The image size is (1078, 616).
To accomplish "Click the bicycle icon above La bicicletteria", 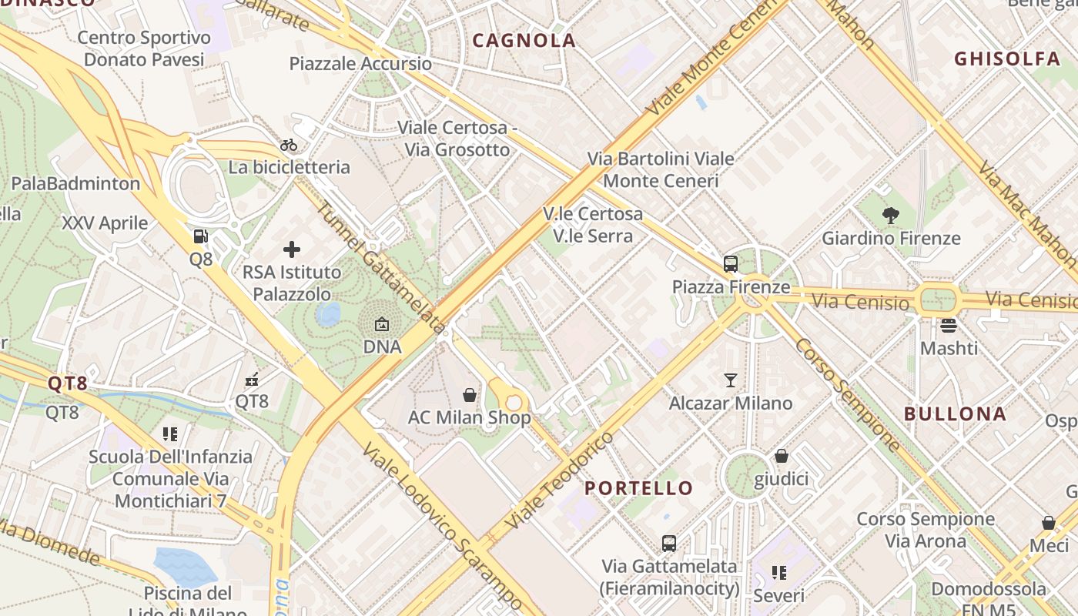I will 289,145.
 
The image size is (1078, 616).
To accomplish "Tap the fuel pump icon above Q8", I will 200,236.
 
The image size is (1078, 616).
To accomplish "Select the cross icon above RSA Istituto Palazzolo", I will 292,249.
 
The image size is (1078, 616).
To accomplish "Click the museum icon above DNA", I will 382,324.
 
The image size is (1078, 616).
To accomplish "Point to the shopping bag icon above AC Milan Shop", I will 470,395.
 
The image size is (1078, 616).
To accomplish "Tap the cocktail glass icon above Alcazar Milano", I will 730,380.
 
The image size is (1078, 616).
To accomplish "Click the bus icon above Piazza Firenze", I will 731,264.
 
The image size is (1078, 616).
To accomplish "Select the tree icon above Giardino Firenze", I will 892,216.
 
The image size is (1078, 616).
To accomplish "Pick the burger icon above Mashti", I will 949,325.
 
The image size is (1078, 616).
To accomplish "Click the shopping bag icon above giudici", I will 782,456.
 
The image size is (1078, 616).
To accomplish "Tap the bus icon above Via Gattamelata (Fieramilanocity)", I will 669,543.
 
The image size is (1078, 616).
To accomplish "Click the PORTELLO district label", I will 638,488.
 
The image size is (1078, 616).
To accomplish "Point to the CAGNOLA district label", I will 524,41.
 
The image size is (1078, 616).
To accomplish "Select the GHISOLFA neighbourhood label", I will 1007,59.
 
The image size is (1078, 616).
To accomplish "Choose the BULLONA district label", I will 955,413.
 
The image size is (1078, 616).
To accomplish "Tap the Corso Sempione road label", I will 847,394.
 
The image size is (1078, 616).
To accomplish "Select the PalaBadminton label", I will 75,183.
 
